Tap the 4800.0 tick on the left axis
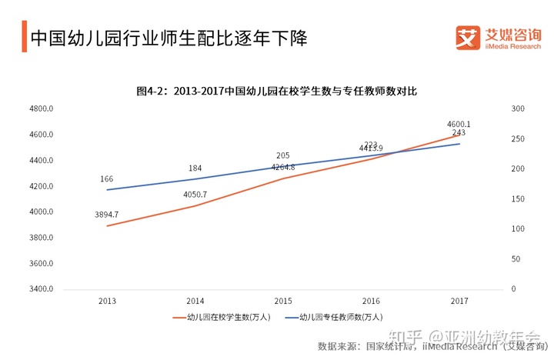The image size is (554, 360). (40, 108)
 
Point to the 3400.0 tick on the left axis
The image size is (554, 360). (40, 289)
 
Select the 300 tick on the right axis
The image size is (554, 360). (518, 108)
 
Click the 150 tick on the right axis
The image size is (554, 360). (518, 199)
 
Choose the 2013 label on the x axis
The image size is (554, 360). (107, 300)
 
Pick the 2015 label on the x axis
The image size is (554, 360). (283, 300)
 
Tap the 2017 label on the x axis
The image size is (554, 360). (459, 300)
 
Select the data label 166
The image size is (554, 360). (107, 179)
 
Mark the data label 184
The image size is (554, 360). (195, 168)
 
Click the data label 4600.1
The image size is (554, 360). (459, 123)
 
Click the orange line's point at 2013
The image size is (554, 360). (107, 225)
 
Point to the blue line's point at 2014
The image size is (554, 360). (195, 178)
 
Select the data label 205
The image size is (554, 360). (283, 155)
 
